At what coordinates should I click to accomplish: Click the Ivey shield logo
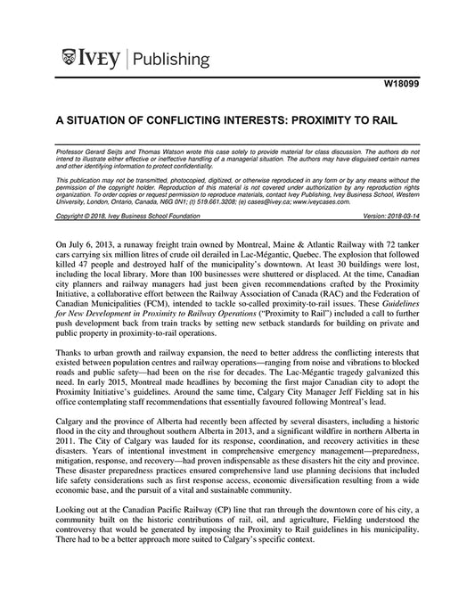pos(70,60)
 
